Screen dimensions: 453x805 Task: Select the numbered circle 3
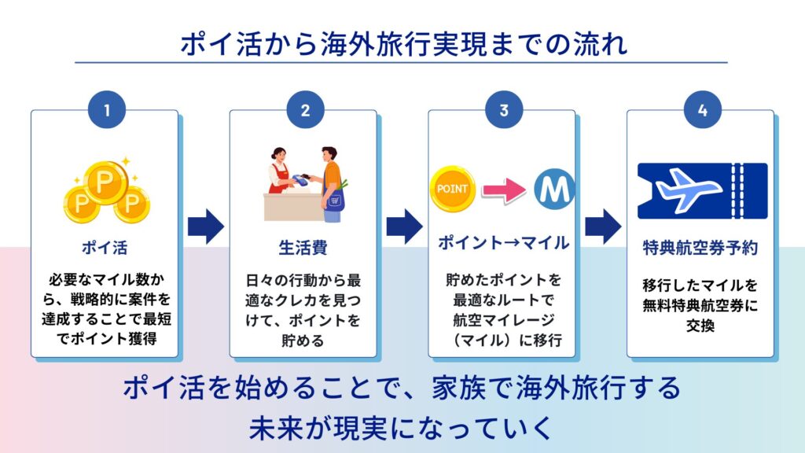click(503, 111)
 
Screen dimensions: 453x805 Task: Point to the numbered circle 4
click(702, 111)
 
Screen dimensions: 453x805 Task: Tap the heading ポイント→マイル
click(503, 243)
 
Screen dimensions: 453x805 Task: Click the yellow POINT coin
click(452, 189)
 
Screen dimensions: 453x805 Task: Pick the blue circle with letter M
click(555, 189)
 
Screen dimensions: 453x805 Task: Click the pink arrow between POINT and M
click(503, 190)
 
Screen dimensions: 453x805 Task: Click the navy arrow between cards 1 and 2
click(205, 227)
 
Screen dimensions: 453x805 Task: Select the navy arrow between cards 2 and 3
click(404, 227)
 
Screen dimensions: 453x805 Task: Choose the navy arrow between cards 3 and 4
click(603, 227)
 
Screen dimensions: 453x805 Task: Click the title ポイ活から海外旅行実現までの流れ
click(403, 43)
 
